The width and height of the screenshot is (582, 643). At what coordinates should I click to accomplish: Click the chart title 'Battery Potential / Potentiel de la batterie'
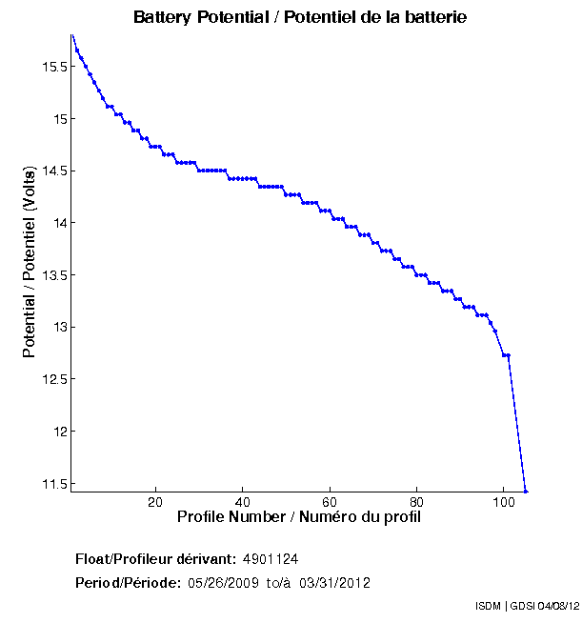(x=299, y=18)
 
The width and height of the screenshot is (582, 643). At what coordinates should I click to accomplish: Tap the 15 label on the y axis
(x=58, y=120)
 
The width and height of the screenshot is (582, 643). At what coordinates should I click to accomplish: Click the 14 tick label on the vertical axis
(x=58, y=224)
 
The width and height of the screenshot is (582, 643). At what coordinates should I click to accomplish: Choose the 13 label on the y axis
(x=58, y=328)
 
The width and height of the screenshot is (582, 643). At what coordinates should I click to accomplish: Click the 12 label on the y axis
(x=58, y=432)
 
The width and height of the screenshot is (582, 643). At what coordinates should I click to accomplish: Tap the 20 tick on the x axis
(x=155, y=502)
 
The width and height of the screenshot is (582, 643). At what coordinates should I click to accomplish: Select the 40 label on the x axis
(x=243, y=502)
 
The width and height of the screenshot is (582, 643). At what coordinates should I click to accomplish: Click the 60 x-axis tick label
(x=330, y=502)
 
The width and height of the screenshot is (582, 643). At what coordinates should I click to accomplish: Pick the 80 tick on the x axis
(x=417, y=502)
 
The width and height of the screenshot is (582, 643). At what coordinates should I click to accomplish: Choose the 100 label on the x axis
(x=504, y=502)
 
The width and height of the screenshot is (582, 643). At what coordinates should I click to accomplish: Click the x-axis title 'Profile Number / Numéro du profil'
(x=299, y=517)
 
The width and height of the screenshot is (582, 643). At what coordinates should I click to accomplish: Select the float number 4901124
(x=271, y=558)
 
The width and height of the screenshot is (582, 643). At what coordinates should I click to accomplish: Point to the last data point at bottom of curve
(x=525, y=491)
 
